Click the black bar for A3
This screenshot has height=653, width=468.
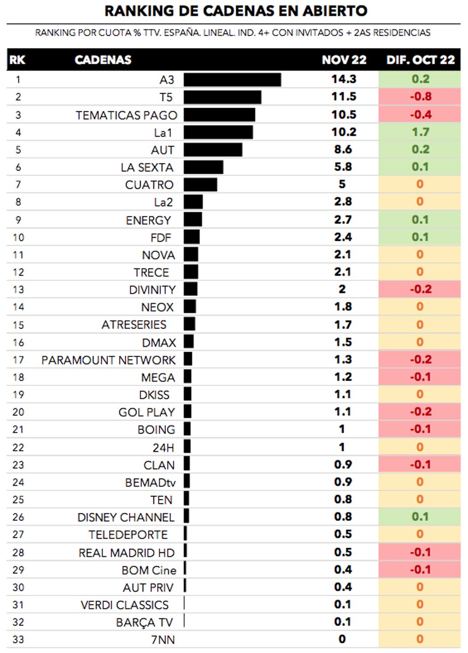(232, 80)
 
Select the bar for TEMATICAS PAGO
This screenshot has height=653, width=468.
(219, 115)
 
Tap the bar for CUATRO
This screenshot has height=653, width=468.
(200, 184)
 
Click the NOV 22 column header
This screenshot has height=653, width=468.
(344, 60)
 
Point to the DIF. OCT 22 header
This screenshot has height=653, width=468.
(420, 60)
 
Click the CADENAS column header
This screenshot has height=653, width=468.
(103, 60)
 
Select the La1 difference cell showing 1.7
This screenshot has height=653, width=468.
(420, 132)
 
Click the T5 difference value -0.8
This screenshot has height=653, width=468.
(420, 97)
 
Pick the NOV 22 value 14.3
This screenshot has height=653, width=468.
(344, 79)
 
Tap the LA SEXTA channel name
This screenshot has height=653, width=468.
(147, 167)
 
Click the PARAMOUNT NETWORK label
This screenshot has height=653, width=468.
(108, 360)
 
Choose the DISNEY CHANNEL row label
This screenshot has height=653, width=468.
(126, 517)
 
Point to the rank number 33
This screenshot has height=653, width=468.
(18, 640)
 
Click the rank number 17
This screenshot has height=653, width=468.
(18, 360)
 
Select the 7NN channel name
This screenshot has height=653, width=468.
(163, 640)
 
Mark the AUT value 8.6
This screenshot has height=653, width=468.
(343, 150)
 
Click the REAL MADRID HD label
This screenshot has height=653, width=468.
(127, 553)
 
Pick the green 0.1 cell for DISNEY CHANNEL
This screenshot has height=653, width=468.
(420, 517)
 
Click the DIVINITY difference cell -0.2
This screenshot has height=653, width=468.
(420, 289)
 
